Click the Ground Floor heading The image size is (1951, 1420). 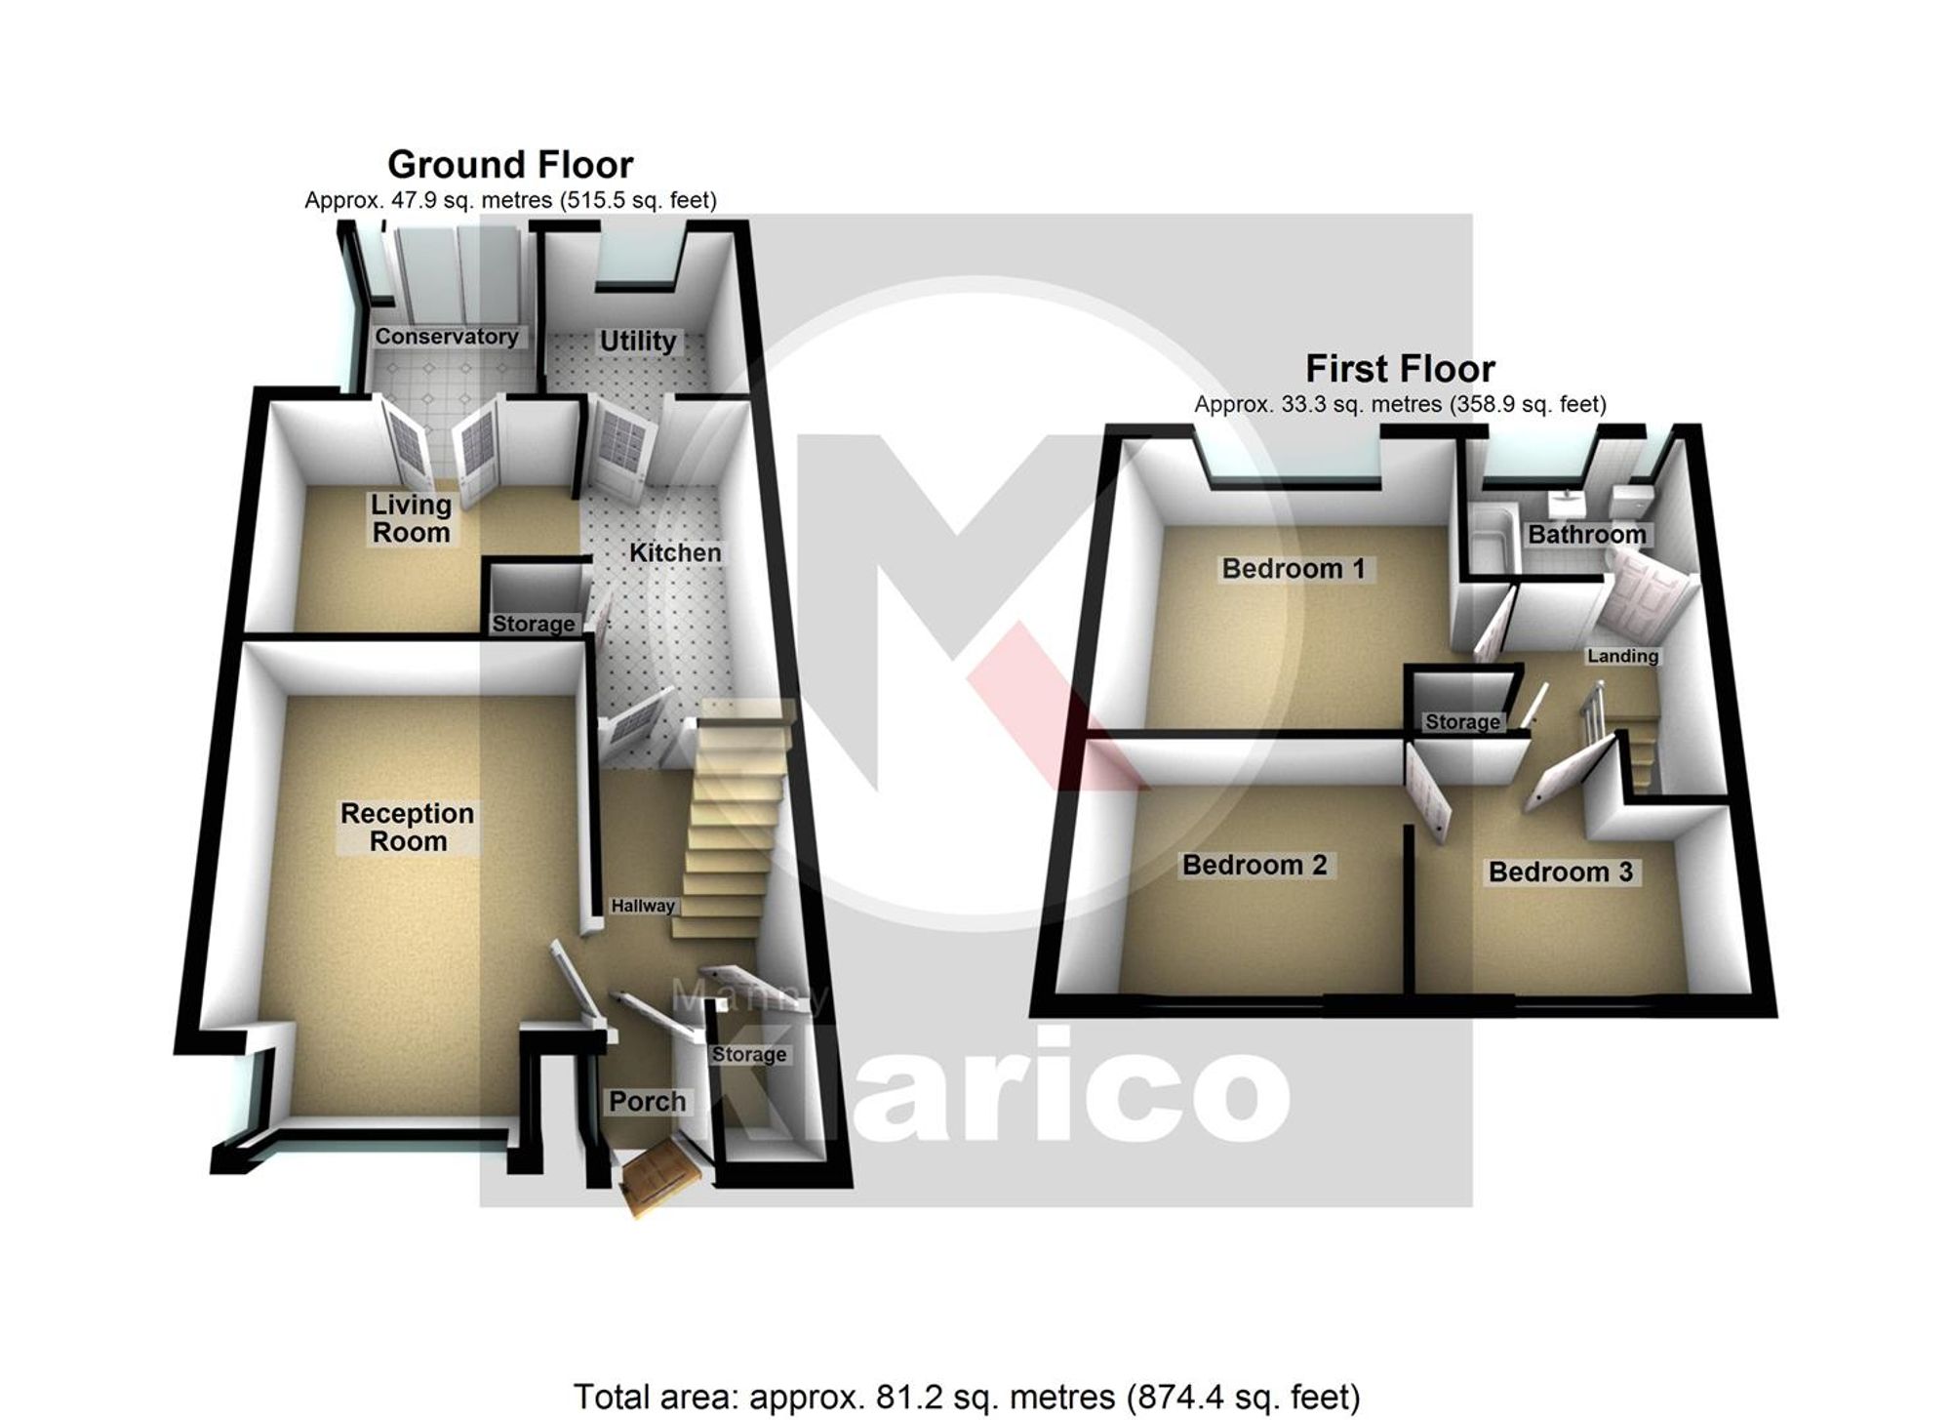click(x=510, y=164)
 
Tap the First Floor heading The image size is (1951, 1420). click(x=1400, y=369)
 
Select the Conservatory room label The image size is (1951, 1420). click(x=447, y=337)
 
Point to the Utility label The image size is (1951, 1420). click(x=637, y=342)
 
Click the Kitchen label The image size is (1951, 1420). click(x=675, y=553)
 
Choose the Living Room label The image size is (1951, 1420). click(x=411, y=518)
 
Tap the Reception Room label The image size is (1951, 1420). click(x=407, y=828)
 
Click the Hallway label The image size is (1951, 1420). click(x=643, y=906)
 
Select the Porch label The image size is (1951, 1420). click(x=647, y=1102)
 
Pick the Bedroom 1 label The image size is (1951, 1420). click(x=1293, y=569)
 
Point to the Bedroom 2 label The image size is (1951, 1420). click(x=1254, y=865)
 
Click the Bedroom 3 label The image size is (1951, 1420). click(x=1560, y=872)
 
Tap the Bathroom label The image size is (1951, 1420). click(x=1586, y=535)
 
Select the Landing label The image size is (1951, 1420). click(x=1622, y=656)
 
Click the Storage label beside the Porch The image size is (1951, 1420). click(x=748, y=1055)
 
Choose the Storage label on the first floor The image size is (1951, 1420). click(x=1461, y=722)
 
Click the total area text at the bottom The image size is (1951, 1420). click(x=966, y=1397)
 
